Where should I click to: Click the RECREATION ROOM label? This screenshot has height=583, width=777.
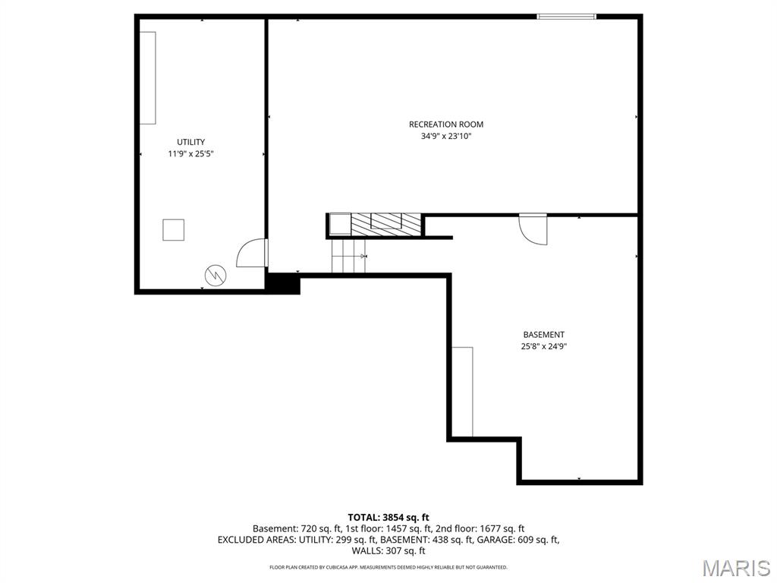(x=445, y=124)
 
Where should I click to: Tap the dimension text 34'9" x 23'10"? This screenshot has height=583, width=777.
(x=445, y=137)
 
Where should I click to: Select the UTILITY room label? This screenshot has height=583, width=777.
(x=190, y=142)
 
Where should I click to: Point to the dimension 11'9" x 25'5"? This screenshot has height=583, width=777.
(x=190, y=154)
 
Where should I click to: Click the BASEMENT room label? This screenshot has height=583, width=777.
(x=543, y=335)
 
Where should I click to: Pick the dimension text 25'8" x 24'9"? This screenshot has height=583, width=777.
(x=543, y=347)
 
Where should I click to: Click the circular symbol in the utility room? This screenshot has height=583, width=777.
(x=215, y=275)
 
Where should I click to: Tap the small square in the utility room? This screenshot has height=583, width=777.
(x=173, y=229)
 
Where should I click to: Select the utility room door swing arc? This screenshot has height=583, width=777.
(x=250, y=254)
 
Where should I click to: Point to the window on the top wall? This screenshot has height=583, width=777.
(x=566, y=16)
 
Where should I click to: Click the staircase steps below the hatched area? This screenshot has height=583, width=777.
(x=349, y=257)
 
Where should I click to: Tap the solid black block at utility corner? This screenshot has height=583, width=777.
(x=283, y=283)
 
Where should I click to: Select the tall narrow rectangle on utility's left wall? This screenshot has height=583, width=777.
(x=147, y=77)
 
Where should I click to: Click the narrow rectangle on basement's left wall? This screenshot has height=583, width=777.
(x=462, y=392)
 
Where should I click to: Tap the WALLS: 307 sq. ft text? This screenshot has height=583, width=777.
(x=388, y=551)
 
